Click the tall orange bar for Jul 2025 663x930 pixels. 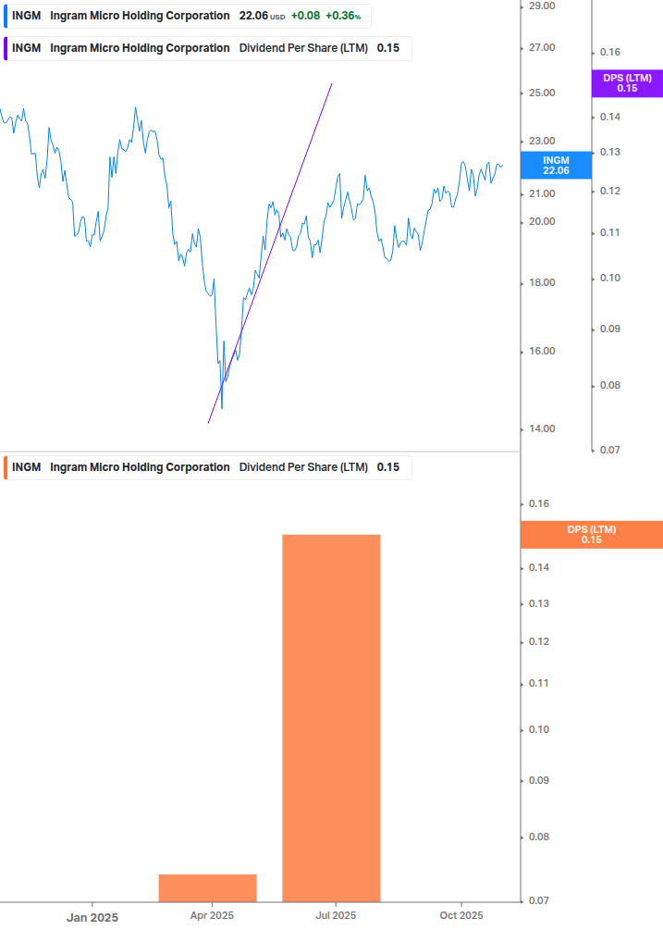[x=331, y=717]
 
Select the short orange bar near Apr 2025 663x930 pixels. [x=207, y=887]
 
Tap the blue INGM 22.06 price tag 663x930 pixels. [x=556, y=166]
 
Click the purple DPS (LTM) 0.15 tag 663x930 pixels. [x=627, y=83]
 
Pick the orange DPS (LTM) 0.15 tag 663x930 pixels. [x=592, y=534]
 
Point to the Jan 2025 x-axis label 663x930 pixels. [x=92, y=916]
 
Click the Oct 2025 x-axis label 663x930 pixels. [x=460, y=915]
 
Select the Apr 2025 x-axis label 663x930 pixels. [x=212, y=915]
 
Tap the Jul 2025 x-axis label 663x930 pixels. [x=336, y=915]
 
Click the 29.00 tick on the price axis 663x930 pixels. [x=540, y=6]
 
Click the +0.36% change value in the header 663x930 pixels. [x=342, y=16]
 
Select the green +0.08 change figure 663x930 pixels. [x=305, y=16]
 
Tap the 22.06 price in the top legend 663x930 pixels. [x=253, y=16]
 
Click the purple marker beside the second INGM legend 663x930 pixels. [x=6, y=48]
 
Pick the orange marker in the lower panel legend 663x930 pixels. [x=6, y=467]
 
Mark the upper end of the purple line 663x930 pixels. [x=331, y=84]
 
